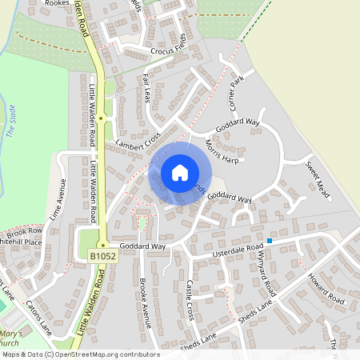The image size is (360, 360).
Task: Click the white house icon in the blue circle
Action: pyautogui.click(x=179, y=173)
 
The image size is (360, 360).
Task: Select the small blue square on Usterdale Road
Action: pyautogui.click(x=270, y=240)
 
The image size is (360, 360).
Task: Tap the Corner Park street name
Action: pyautogui.click(x=236, y=94)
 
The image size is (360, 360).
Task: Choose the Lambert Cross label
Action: pyautogui.click(x=138, y=140)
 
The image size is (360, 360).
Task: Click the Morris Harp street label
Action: pyautogui.click(x=222, y=150)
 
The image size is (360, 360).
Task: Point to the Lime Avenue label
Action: pyautogui.click(x=56, y=198)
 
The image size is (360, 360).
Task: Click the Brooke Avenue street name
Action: pyautogui.click(x=145, y=302)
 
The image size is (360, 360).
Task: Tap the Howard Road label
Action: pyautogui.click(x=326, y=290)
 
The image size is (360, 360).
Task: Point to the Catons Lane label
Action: pyautogui.click(x=38, y=319)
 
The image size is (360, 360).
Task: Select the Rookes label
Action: pyautogui.click(x=57, y=4)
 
